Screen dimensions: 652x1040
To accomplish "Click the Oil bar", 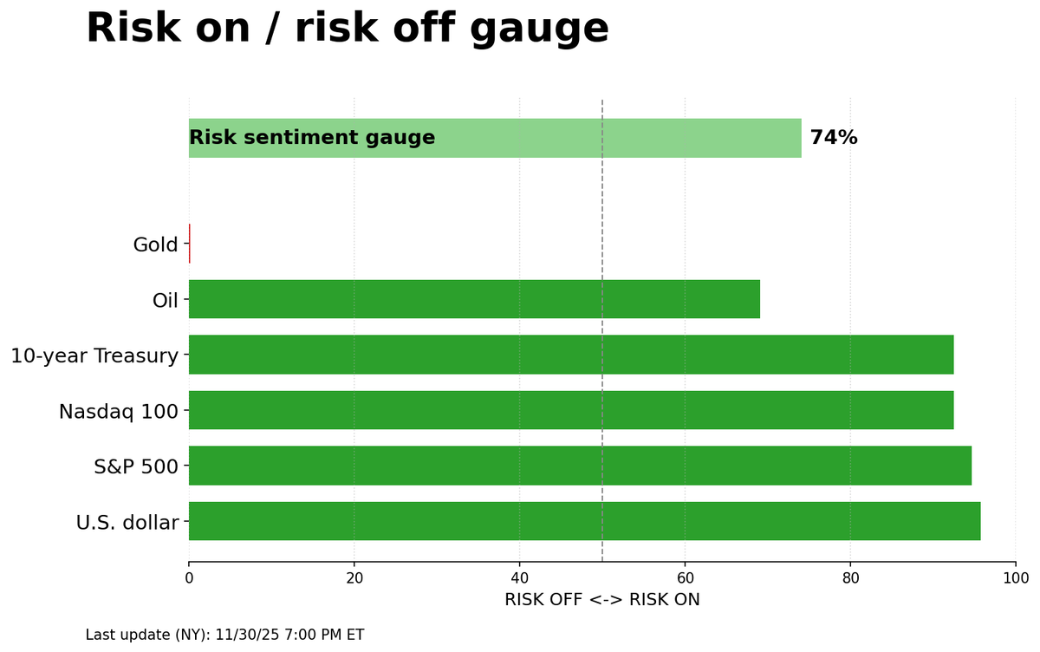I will [474, 299].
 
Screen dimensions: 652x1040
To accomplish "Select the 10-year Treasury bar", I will [571, 355].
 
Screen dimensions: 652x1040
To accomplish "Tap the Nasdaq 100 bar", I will [571, 410].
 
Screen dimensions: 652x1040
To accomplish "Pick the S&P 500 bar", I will [580, 466].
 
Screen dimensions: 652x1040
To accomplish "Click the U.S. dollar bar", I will [584, 521].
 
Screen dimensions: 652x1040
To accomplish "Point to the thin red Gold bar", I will [189, 244].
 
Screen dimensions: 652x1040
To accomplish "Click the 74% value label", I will [833, 138].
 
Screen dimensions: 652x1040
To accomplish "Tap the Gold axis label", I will [155, 245].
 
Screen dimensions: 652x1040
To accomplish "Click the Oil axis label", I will [165, 301].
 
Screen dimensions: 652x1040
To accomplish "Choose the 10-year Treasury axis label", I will [94, 355].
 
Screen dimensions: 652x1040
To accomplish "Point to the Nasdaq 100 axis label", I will [118, 412].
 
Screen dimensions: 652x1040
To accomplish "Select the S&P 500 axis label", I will [135, 467].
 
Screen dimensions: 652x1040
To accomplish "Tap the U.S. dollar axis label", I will [127, 523].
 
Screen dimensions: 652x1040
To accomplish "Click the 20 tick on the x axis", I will [354, 578].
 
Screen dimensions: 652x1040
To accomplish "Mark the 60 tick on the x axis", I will [685, 578].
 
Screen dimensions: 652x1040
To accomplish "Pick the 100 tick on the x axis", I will [1015, 578].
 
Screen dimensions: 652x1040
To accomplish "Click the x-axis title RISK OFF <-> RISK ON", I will [601, 600].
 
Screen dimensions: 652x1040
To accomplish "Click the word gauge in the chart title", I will [539, 29].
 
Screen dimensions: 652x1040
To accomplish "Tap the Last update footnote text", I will [224, 636].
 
